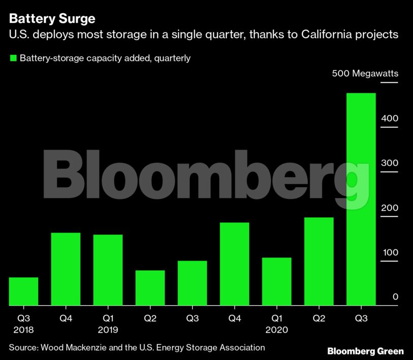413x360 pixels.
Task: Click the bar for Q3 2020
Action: (361, 199)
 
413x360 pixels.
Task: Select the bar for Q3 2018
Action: (23, 291)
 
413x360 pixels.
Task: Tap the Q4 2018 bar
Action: (65, 269)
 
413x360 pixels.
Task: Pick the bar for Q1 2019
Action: (108, 270)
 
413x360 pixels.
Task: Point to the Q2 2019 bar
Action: (150, 288)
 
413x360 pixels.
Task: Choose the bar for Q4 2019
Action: (234, 264)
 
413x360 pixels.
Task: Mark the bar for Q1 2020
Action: (277, 282)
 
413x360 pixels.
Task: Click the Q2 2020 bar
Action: (319, 261)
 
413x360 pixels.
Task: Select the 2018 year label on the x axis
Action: (23, 330)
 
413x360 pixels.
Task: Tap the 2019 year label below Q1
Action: (108, 330)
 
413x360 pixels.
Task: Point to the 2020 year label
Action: (277, 330)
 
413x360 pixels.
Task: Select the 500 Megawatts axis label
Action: (365, 74)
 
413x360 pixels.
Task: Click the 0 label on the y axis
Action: (395, 297)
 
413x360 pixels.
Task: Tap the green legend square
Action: (13, 58)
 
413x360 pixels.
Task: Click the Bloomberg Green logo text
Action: (365, 351)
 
